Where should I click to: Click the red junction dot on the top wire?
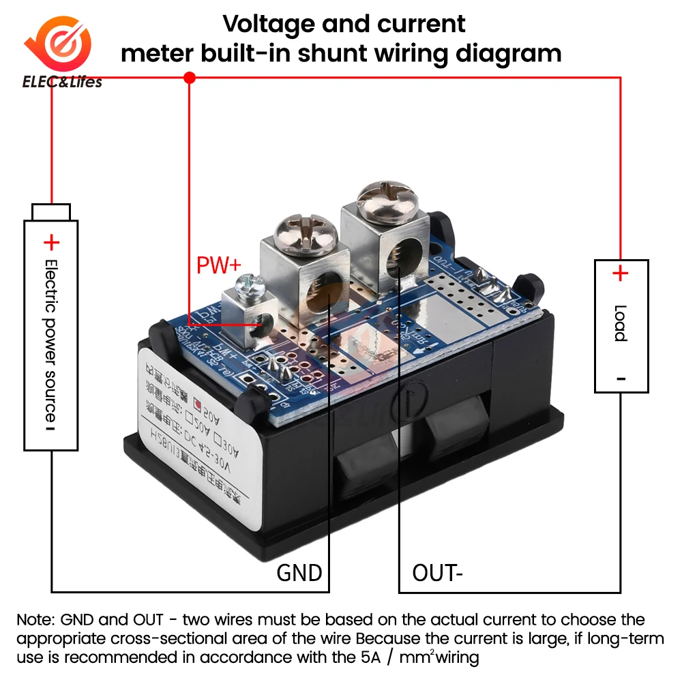point(190,78)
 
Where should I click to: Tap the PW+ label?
point(219,265)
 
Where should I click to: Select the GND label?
point(299,572)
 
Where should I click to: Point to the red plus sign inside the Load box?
point(620,274)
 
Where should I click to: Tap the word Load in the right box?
point(621,323)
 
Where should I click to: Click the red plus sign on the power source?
point(52,243)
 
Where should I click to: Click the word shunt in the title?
point(369,53)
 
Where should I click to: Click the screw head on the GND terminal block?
point(303,233)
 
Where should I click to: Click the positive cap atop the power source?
point(52,211)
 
